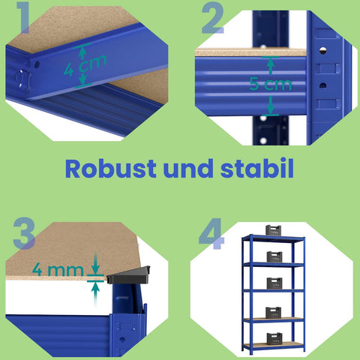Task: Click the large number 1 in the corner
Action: (25, 20)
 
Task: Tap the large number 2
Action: (212, 20)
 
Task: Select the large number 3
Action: (24, 235)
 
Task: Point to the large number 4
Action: (212, 235)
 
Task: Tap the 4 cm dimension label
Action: (85, 69)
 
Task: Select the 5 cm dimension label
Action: (271, 83)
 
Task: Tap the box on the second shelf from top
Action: (273, 257)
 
